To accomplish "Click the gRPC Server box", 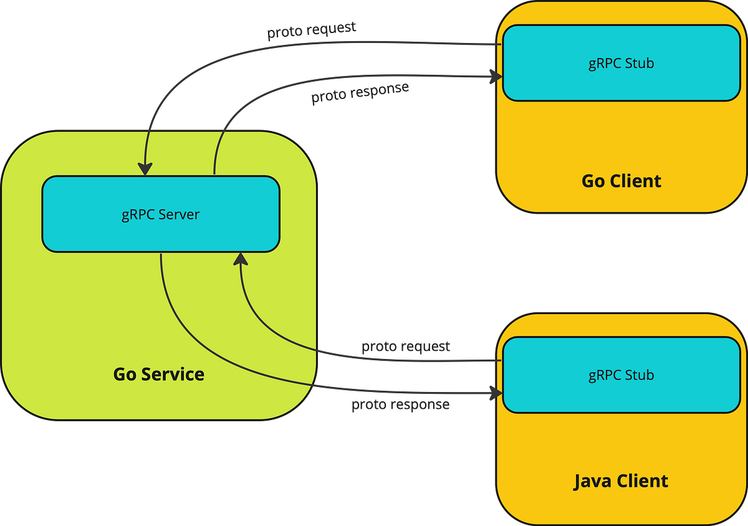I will coord(161,214).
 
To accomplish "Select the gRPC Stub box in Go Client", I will coord(621,63).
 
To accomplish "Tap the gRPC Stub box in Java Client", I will coord(621,375).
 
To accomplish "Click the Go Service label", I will coord(159,374).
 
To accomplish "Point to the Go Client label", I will coord(621,181).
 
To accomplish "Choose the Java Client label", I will coord(621,481).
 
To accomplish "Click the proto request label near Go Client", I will coord(312,30).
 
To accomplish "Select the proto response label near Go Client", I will coord(360,93).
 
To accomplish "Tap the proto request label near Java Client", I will coord(406,347).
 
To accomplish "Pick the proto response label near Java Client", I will coord(400,405).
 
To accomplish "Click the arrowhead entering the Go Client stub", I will coord(496,77).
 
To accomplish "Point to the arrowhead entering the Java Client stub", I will coord(496,393).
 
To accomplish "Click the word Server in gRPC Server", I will coord(179,214).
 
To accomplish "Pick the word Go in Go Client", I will coord(593,181).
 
